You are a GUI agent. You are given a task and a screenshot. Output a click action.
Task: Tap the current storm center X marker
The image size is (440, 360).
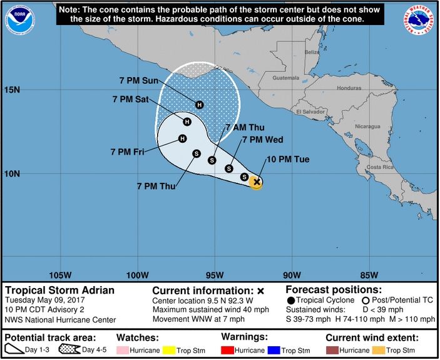(x=256, y=182)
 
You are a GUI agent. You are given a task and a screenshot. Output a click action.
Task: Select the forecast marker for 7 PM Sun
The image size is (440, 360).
(x=199, y=105)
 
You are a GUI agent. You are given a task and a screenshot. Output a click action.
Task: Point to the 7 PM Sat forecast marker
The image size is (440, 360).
(x=187, y=121)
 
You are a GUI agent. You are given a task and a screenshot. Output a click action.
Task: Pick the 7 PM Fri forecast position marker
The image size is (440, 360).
(x=182, y=138)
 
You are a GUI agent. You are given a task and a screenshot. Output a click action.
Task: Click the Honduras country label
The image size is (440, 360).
(x=349, y=88)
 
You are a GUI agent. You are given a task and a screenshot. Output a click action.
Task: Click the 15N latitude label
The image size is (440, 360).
(x=13, y=90)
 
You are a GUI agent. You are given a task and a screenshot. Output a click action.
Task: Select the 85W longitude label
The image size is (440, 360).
(x=369, y=275)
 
